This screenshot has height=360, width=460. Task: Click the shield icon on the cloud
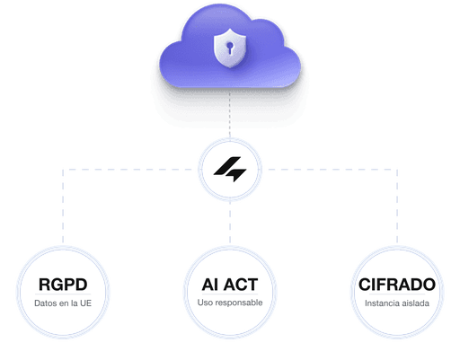[230, 48]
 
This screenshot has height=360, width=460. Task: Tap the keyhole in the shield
[230, 48]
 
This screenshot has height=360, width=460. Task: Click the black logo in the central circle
[230, 169]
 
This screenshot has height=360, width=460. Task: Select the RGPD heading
[63, 285]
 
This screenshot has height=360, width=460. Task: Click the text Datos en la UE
[63, 303]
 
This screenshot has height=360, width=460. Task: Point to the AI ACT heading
[230, 285]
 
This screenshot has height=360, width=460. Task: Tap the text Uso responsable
[230, 303]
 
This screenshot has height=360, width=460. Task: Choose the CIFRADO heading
[397, 285]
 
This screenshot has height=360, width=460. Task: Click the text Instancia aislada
[397, 303]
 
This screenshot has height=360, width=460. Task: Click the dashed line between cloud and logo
[230, 115]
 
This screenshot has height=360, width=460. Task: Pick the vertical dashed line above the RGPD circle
[63, 206]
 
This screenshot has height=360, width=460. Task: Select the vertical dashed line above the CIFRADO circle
[397, 206]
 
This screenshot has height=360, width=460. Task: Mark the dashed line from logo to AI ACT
[230, 223]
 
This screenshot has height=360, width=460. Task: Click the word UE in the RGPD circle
[85, 303]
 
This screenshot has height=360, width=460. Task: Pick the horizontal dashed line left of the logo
[128, 170]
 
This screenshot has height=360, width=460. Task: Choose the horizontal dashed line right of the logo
[332, 170]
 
